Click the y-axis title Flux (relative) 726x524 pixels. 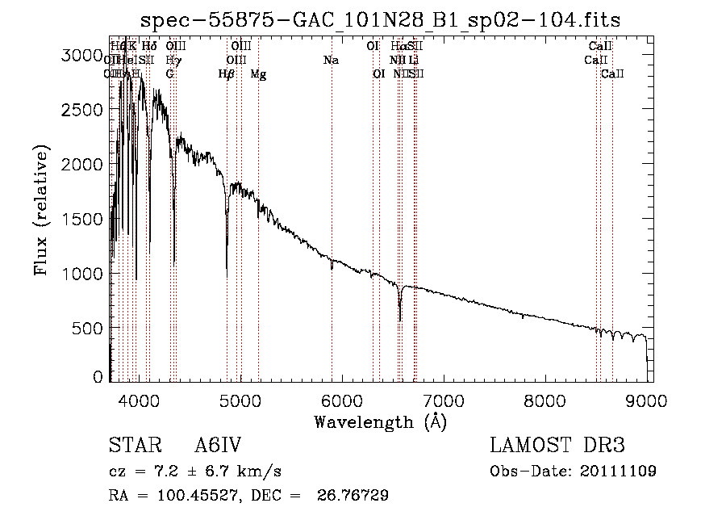click(x=41, y=210)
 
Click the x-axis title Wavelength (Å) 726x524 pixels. click(x=380, y=421)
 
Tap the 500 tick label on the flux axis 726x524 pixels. click(x=87, y=328)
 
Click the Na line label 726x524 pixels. click(x=331, y=60)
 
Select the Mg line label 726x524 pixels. click(x=258, y=74)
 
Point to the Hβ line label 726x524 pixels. click(x=227, y=74)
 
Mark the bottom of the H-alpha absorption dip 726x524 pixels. click(x=399, y=320)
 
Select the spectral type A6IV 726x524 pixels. click(x=217, y=446)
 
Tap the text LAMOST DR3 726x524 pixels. click(x=557, y=446)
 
